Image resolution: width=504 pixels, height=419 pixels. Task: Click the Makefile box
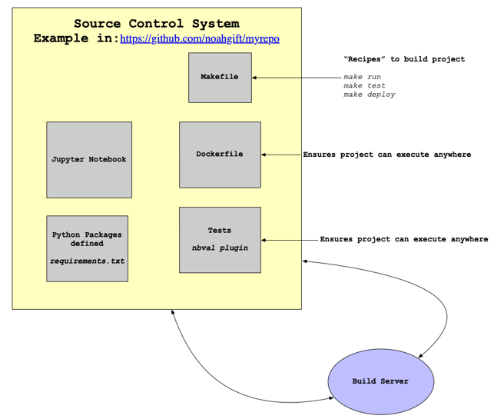tap(220, 78)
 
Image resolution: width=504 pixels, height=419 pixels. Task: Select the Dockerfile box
tap(220, 155)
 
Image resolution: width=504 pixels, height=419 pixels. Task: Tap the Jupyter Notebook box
tap(89, 159)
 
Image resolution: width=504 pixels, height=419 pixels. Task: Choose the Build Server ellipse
tap(380, 381)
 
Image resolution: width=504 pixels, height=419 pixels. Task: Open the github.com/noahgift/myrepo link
tap(200, 38)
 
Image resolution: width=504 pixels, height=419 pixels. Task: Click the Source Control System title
tap(156, 24)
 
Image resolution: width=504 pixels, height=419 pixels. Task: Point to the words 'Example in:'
tap(75, 38)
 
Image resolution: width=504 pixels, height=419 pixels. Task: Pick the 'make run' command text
tap(362, 77)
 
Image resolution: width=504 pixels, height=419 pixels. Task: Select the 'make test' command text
tap(364, 86)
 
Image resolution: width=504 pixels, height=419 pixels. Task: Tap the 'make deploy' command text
tap(369, 95)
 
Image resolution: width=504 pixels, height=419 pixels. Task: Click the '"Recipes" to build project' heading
tap(403, 59)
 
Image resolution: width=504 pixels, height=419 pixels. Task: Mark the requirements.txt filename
tap(87, 261)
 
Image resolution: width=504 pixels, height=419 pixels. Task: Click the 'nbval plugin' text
tap(220, 248)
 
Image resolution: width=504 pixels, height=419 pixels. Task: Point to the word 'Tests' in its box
tap(220, 231)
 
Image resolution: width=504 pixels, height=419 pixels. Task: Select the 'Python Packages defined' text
tap(87, 239)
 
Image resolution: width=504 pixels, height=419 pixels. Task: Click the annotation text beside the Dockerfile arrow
tap(386, 155)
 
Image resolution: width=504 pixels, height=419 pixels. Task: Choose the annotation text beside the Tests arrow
tap(403, 239)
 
